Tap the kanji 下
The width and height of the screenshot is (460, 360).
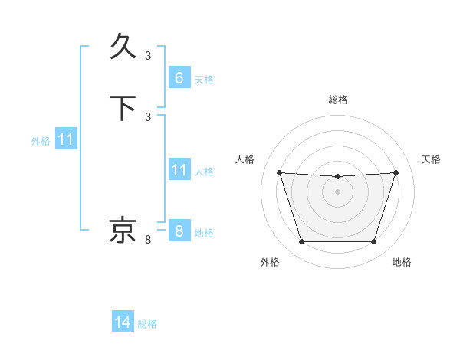[123, 107]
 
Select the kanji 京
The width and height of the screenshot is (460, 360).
[123, 230]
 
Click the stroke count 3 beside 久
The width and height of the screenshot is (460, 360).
[148, 56]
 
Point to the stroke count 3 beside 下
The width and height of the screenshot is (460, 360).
[148, 116]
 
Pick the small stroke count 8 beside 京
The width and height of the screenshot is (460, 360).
[148, 241]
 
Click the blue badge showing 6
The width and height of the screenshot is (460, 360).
[179, 78]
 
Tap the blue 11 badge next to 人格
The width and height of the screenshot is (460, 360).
[179, 170]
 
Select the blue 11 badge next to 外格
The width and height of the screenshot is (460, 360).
[66, 140]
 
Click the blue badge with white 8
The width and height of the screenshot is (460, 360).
[179, 231]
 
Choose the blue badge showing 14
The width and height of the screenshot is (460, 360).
[123, 322]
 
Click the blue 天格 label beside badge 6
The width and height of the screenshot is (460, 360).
[204, 80]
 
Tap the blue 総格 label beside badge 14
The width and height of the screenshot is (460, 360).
[147, 324]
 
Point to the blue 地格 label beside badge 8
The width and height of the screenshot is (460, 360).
[204, 233]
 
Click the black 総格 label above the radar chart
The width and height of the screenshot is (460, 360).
[338, 100]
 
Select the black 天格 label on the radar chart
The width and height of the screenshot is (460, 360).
[431, 159]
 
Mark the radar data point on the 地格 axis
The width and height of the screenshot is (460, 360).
[373, 242]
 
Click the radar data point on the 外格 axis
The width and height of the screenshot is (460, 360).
[301, 242]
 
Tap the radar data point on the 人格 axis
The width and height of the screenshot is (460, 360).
[279, 172]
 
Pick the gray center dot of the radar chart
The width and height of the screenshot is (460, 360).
[337, 191]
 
